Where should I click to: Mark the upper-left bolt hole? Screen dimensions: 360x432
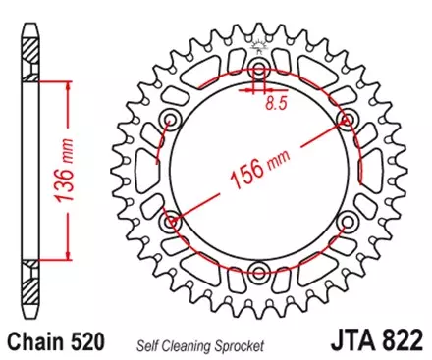[172, 120]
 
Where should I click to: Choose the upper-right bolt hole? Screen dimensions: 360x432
[346, 119]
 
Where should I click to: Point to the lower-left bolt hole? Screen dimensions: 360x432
[173, 221]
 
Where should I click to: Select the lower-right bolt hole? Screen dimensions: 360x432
[347, 221]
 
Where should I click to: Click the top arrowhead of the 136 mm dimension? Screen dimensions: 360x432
[67, 86]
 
